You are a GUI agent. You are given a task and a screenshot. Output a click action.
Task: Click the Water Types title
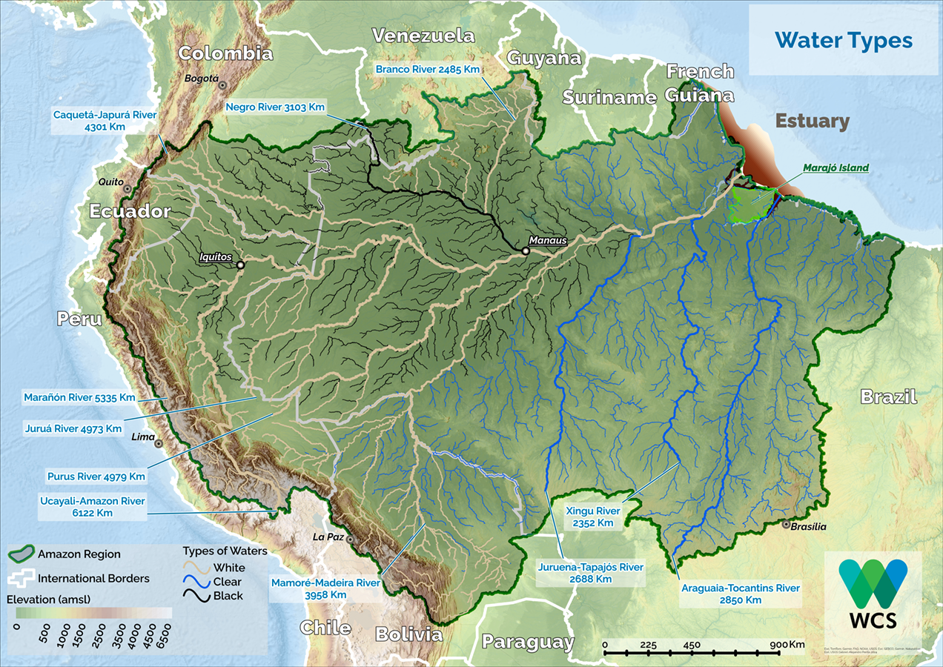[x=843, y=40]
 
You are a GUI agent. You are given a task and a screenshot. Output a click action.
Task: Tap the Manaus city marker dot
[x=526, y=251]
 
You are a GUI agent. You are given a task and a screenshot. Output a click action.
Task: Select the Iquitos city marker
[x=240, y=264]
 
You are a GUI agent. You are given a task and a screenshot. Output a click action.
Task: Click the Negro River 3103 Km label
[x=275, y=107]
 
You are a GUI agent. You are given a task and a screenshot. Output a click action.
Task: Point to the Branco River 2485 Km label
[x=428, y=69]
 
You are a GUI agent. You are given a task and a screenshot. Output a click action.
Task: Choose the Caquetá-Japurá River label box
[x=105, y=121]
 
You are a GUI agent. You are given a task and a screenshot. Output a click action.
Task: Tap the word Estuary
[x=812, y=121]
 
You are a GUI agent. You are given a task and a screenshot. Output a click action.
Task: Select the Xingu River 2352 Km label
[x=592, y=517]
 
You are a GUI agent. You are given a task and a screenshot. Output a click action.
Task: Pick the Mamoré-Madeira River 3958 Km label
[x=325, y=588]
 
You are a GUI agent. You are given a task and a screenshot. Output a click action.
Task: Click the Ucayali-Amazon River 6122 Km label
[x=93, y=506]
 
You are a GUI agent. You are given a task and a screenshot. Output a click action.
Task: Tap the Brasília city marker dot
[x=786, y=525]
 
